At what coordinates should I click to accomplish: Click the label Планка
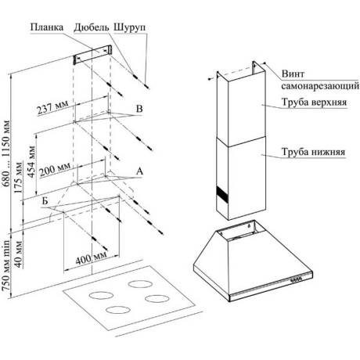tap(47, 27)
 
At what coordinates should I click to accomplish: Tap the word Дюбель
tap(92, 27)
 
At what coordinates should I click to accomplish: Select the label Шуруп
tap(130, 28)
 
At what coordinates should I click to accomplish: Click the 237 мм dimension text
tap(53, 106)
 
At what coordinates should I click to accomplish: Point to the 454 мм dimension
tap(31, 162)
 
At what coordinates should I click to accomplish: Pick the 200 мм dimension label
tap(55, 170)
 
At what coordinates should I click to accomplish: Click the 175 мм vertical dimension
tap(19, 178)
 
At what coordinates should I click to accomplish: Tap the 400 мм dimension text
tap(92, 258)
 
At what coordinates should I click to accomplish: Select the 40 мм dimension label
tap(18, 254)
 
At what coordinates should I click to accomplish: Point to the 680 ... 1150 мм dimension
tap(6, 154)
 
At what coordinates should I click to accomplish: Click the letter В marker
tap(139, 109)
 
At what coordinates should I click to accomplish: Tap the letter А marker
tap(140, 171)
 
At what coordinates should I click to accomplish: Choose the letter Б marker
tap(45, 201)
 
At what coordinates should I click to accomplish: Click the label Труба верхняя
tap(314, 102)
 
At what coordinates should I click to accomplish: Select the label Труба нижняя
tap(313, 152)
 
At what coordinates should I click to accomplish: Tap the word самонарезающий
tap(320, 86)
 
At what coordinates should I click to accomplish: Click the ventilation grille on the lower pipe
tap(222, 194)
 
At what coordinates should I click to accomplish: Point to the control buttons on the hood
tap(296, 279)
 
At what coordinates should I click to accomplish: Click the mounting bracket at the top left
tap(92, 55)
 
